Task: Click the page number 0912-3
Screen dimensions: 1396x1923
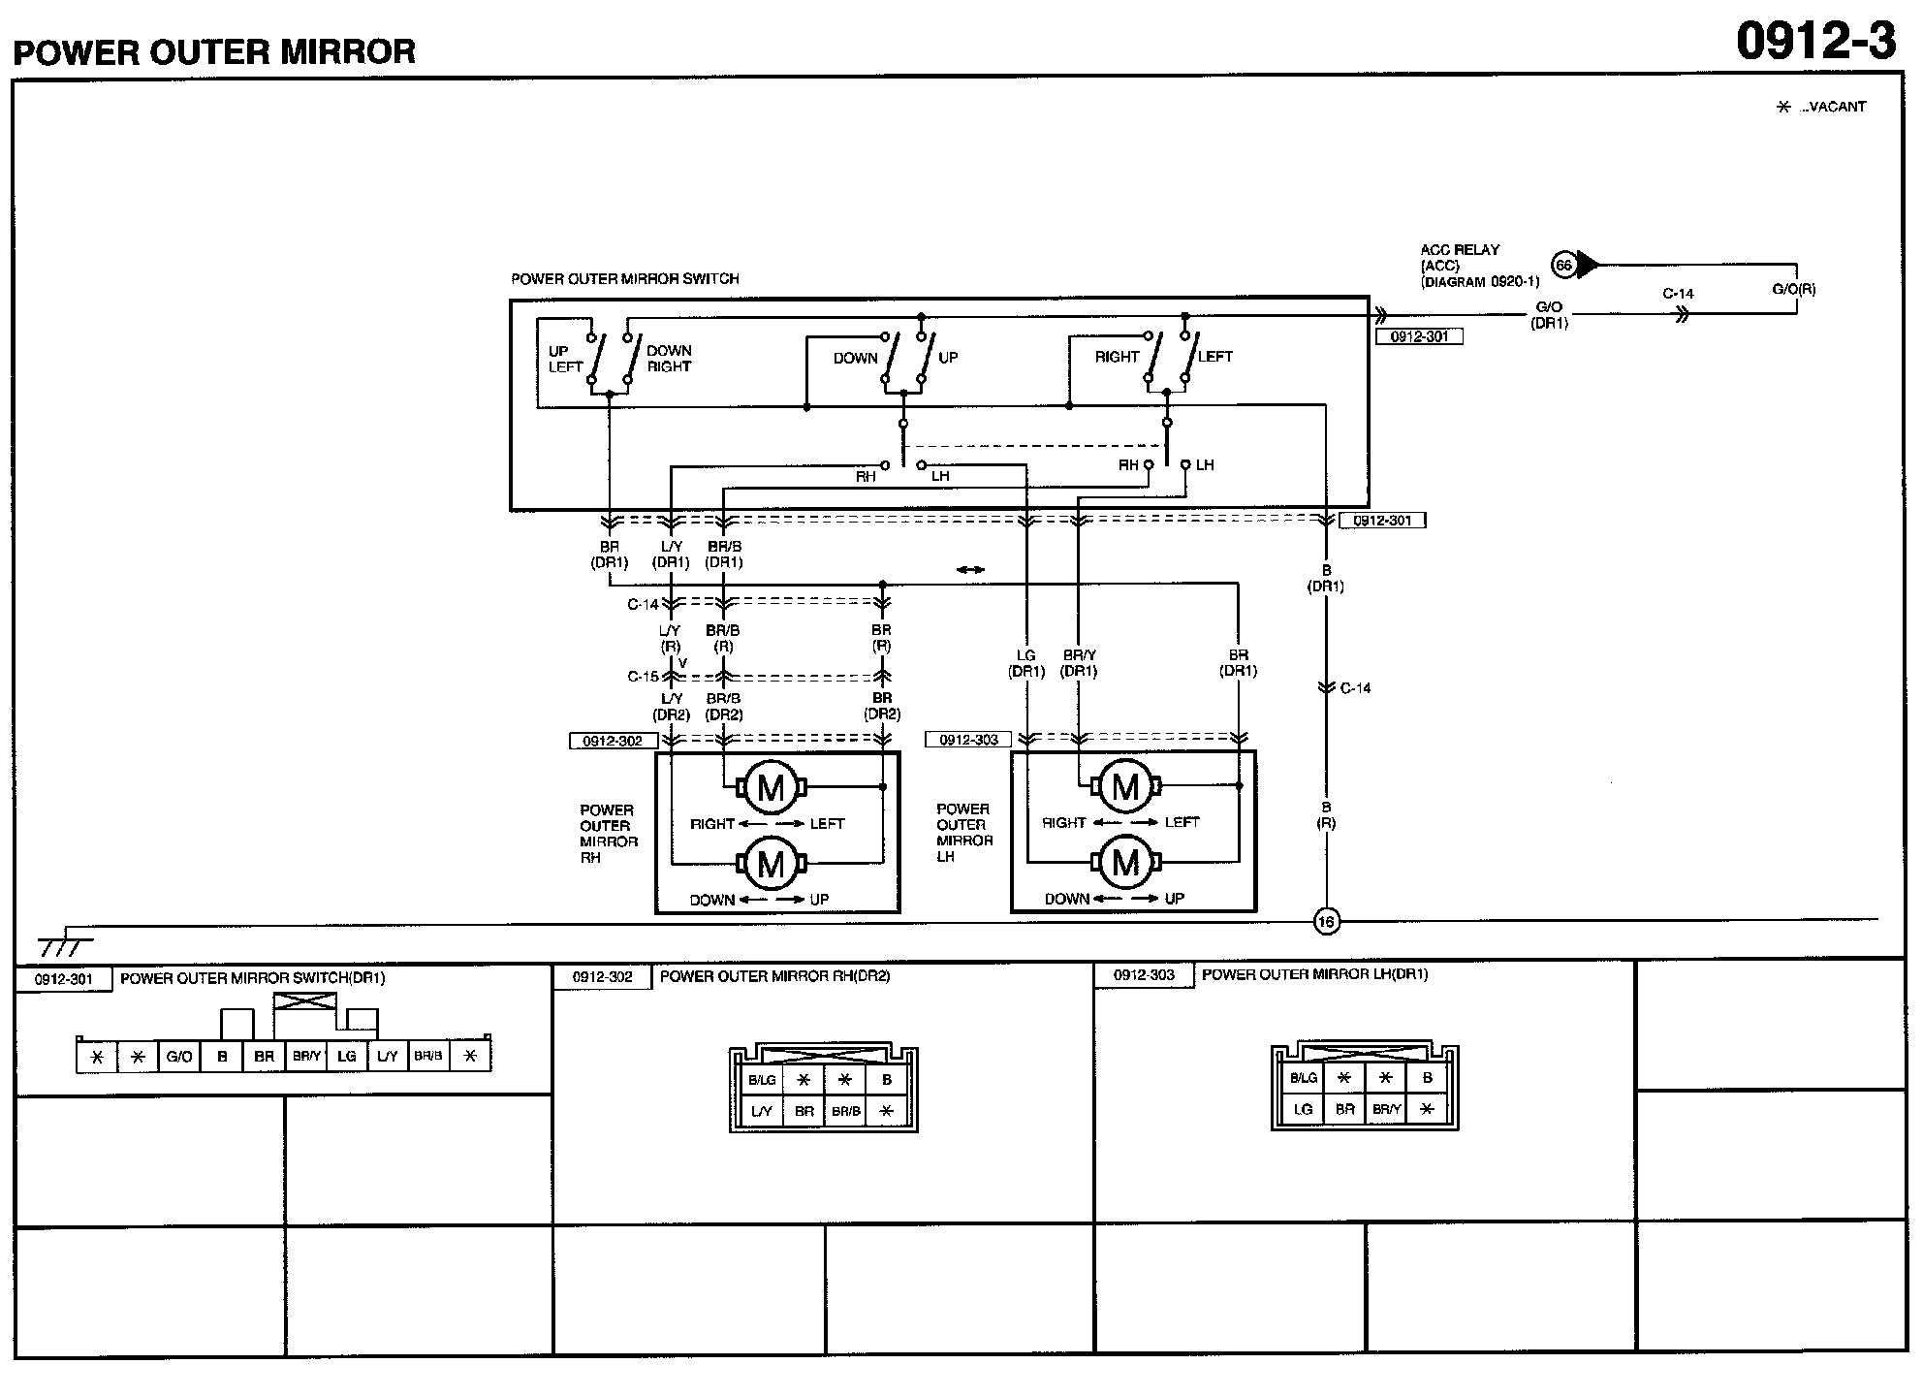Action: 1815,42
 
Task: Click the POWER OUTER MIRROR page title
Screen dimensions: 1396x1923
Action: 214,51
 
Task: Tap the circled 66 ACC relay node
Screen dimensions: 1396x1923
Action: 1562,265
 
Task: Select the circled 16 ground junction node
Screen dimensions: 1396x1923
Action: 1326,921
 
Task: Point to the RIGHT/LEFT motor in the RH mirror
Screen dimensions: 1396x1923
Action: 771,787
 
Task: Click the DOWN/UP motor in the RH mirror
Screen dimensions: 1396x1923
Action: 771,863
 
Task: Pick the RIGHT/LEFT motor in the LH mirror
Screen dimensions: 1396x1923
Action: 1125,786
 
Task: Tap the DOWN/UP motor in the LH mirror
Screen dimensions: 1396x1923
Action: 1125,862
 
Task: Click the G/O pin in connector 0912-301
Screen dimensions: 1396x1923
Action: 179,1057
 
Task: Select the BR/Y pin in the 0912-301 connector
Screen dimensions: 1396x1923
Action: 306,1057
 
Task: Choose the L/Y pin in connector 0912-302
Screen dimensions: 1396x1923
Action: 762,1111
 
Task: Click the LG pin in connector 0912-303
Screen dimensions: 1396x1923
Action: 1304,1109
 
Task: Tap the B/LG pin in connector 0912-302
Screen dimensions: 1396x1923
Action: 762,1080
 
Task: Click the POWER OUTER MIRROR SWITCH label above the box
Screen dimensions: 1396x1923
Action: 625,279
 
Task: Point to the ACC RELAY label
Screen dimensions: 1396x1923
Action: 1460,250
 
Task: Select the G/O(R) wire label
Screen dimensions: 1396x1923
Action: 1794,289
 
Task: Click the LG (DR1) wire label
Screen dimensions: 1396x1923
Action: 1026,663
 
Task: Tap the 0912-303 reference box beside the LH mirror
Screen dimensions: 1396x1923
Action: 968,740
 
